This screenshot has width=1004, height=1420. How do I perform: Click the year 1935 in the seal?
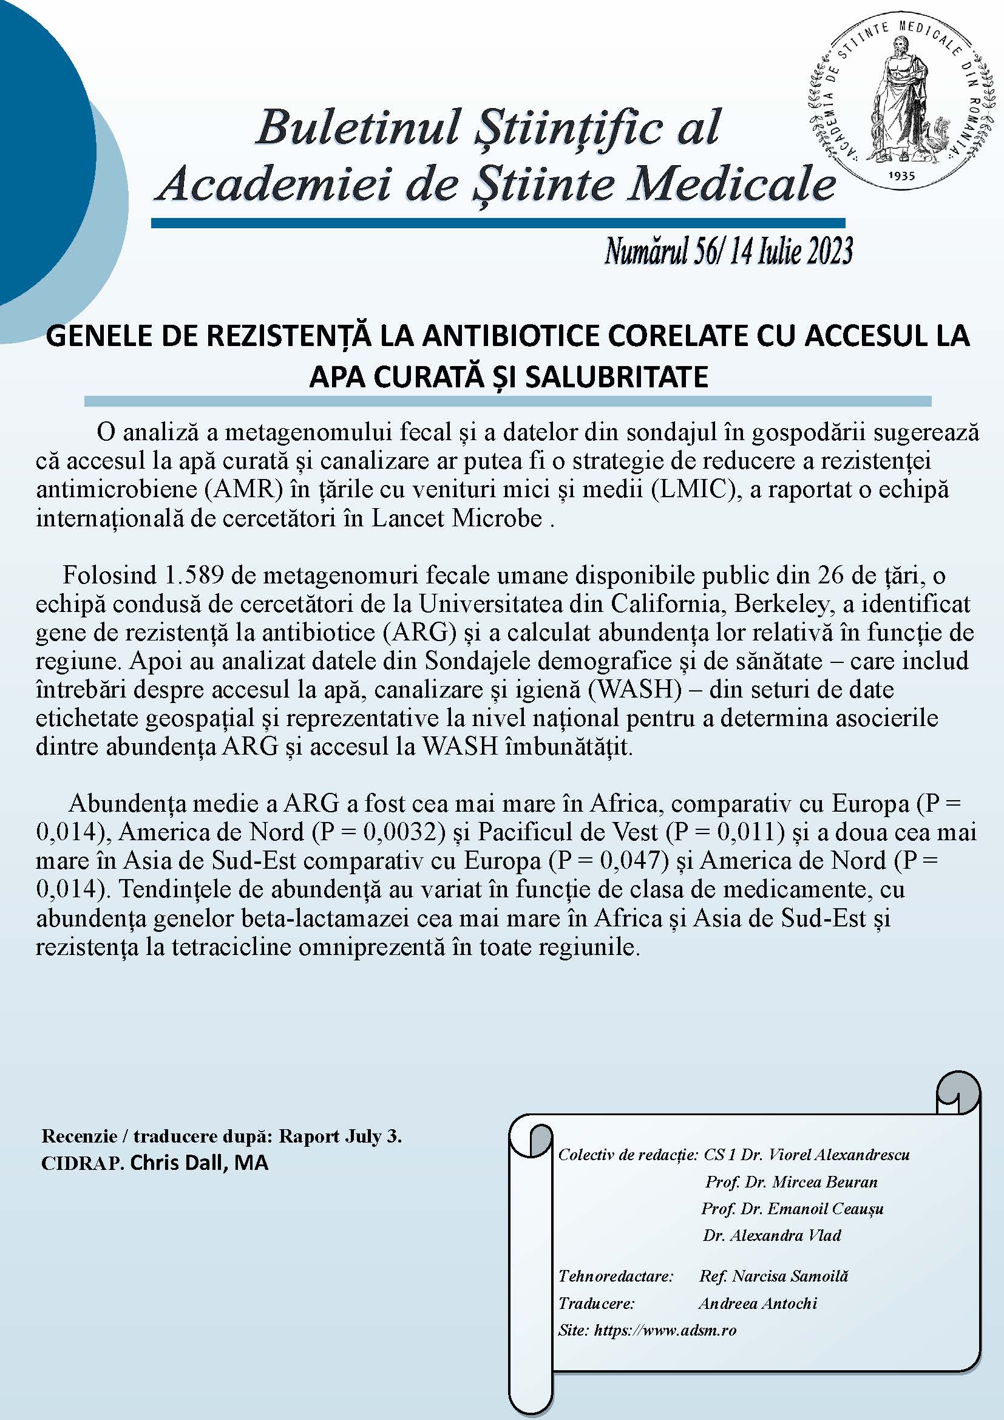click(x=901, y=175)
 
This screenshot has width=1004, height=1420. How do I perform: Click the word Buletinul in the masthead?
click(x=359, y=127)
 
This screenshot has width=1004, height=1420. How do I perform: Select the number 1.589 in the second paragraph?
click(x=192, y=576)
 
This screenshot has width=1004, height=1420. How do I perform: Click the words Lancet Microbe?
click(x=457, y=518)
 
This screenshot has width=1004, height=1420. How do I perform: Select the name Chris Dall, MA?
click(x=200, y=1163)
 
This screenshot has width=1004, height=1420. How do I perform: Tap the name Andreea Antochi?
click(x=758, y=1303)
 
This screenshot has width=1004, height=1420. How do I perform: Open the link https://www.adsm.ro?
click(x=665, y=1330)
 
